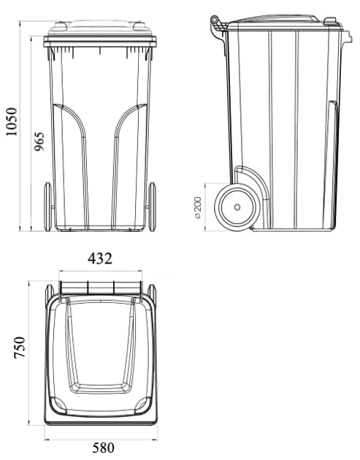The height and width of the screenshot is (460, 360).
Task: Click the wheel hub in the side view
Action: tap(237, 207)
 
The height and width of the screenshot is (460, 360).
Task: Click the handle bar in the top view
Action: tap(101, 287)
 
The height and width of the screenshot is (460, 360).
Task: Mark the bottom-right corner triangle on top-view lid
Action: tap(144, 404)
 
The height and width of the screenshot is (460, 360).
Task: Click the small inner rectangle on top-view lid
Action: tap(100, 386)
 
